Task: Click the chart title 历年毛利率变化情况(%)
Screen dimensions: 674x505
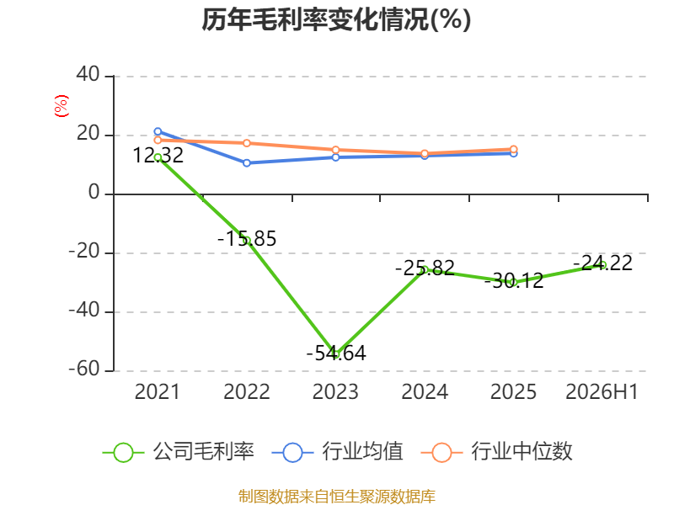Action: click(336, 19)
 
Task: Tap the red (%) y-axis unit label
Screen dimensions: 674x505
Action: click(61, 106)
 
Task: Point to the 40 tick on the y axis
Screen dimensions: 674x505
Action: click(88, 75)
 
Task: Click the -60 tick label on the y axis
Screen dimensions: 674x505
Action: click(84, 369)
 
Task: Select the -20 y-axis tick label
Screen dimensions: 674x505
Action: click(84, 251)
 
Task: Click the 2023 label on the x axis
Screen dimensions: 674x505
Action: click(335, 391)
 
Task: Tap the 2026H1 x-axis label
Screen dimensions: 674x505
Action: click(602, 391)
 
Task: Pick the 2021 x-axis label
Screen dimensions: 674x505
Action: click(158, 391)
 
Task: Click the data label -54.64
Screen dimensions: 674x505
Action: click(336, 353)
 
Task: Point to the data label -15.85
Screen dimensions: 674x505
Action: click(247, 239)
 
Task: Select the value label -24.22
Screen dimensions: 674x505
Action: click(602, 263)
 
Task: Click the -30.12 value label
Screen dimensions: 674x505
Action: click(514, 281)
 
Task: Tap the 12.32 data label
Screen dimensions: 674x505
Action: click(158, 156)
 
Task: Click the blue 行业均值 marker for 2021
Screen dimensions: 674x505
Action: click(158, 131)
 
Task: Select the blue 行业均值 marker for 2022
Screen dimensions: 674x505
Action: click(247, 163)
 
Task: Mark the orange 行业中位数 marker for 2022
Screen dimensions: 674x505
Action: click(247, 143)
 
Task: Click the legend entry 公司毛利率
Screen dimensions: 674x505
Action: click(179, 452)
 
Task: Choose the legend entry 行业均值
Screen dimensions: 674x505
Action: click(338, 452)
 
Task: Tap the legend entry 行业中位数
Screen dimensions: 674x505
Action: click(497, 452)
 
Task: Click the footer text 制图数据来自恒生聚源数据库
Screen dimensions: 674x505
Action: click(337, 497)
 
